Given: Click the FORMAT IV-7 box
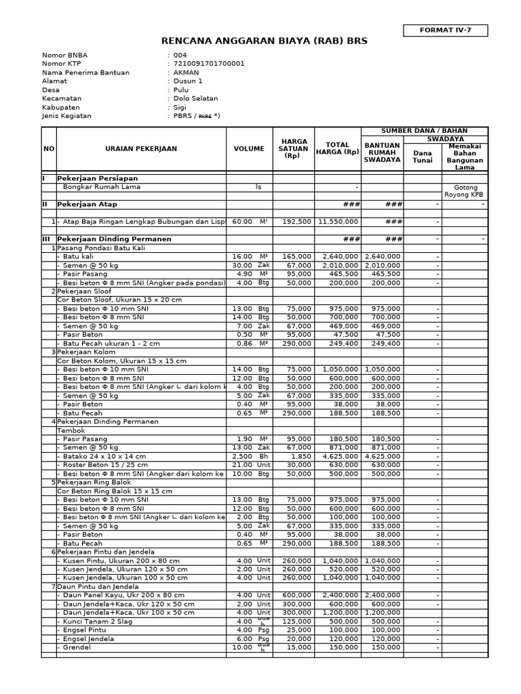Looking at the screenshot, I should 445,30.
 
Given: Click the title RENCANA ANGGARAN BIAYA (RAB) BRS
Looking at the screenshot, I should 264,41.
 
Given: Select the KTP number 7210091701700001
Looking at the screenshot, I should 209,64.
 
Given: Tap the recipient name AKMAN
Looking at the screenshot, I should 187,73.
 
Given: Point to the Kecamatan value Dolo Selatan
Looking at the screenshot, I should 196,98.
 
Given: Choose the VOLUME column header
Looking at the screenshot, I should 249,148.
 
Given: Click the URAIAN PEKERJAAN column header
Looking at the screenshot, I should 141,148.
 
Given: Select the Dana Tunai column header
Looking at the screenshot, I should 423,157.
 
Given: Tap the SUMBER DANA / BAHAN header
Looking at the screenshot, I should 424,131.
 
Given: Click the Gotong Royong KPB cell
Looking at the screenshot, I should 465,190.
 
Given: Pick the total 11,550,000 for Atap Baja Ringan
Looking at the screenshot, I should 337,222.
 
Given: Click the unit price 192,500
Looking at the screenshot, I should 296,222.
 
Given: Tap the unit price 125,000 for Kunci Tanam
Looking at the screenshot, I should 296,621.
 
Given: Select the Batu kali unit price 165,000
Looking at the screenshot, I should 296,257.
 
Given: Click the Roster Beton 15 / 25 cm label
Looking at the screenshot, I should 104,466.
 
